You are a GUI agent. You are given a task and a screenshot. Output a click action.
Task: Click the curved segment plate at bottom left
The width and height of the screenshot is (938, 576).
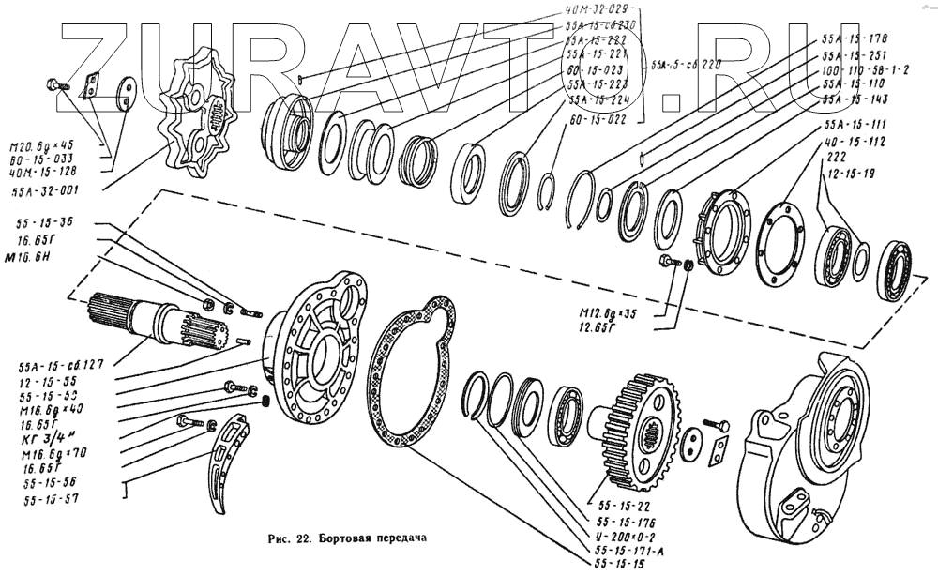(225, 460)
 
